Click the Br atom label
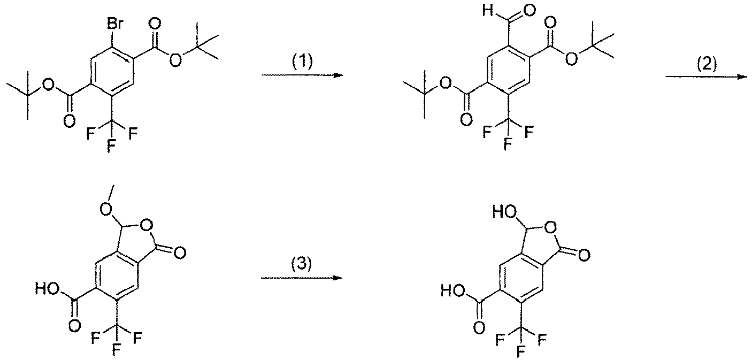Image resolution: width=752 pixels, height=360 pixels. (x=115, y=25)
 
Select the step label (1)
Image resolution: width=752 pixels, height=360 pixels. (x=302, y=62)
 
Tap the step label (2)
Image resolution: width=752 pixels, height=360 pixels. (x=707, y=63)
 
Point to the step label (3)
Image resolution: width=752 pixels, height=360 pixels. (x=301, y=264)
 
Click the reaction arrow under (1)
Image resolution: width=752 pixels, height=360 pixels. (x=303, y=75)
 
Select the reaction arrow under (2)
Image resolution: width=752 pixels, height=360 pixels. (x=707, y=77)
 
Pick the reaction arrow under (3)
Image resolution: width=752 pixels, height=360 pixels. (x=302, y=278)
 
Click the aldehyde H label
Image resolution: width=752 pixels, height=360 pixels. (x=487, y=11)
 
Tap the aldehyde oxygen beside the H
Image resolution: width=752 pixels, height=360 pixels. (x=530, y=11)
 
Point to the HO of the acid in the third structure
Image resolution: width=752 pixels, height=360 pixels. (x=47, y=289)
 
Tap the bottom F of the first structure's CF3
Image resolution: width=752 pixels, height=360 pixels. (x=111, y=147)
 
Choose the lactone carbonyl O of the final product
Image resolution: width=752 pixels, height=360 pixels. (x=584, y=255)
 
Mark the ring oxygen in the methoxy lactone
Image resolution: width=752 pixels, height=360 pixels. (x=147, y=227)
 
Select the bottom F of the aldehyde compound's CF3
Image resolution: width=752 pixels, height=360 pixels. (x=508, y=144)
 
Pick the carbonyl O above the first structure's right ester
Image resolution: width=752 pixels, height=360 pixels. (x=155, y=25)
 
